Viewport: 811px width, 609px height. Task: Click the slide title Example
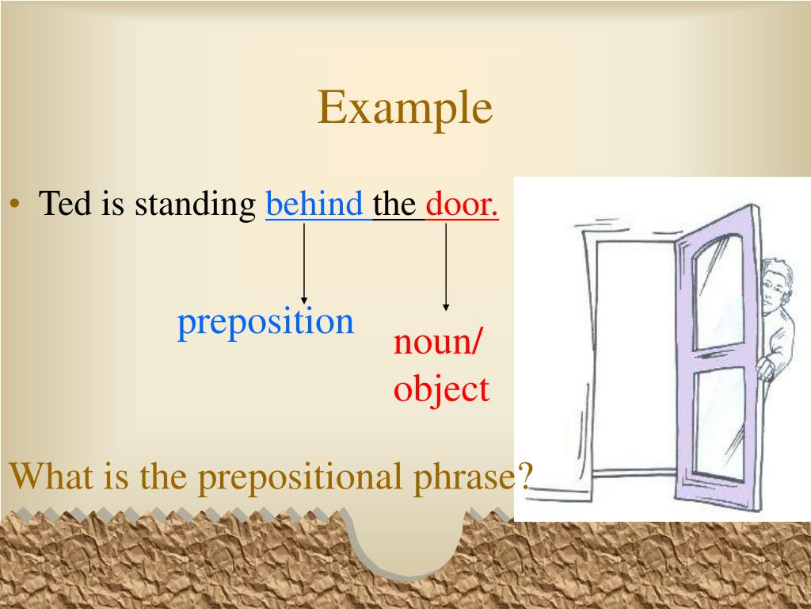point(405,109)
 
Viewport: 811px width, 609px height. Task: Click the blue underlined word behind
point(314,205)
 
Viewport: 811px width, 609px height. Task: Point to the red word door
point(463,205)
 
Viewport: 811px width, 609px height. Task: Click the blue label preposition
point(265,322)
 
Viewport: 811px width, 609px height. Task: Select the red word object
point(441,389)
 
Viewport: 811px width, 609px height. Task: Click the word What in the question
point(46,477)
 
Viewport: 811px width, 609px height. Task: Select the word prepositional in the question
point(303,477)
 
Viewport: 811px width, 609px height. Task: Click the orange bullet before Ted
point(15,205)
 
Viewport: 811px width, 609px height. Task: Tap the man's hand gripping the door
point(764,366)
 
